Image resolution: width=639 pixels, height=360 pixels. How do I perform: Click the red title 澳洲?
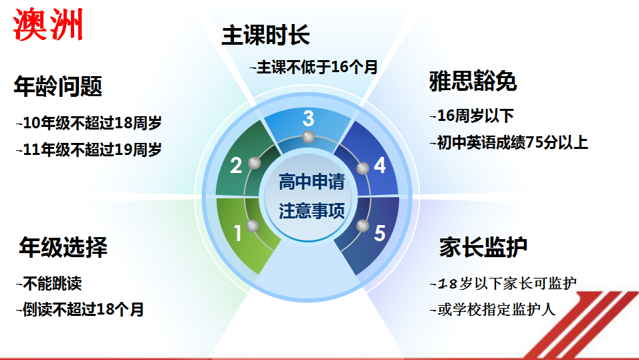[x=48, y=25]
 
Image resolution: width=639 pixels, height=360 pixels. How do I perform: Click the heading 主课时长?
[x=266, y=35]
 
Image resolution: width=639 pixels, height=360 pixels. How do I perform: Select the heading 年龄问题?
[x=58, y=86]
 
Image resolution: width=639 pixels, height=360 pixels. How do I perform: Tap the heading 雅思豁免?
[x=473, y=81]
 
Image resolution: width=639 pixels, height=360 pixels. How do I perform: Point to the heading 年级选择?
[x=63, y=247]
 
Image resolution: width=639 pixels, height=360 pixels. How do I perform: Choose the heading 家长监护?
[x=483, y=247]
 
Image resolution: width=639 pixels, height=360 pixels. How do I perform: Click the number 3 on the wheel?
[x=309, y=118]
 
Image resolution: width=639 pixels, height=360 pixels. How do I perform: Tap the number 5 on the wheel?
[x=380, y=233]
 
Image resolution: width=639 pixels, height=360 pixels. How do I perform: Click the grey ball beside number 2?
[x=254, y=163]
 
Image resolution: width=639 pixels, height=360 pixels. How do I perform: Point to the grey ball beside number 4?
[x=363, y=168]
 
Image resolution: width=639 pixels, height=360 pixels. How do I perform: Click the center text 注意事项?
[x=311, y=211]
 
